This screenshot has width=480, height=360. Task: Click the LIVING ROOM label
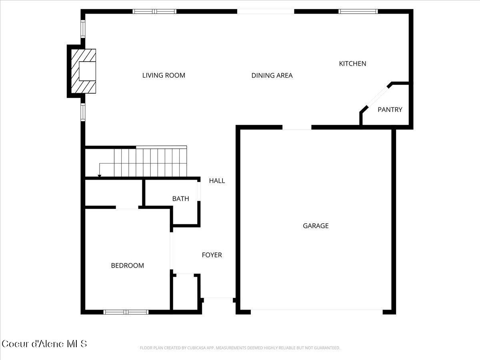coord(164,75)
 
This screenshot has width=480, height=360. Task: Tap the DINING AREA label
coord(272,75)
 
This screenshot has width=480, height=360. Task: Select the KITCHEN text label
coord(352,64)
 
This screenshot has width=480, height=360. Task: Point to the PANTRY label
coord(390,110)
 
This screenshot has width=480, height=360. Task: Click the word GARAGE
coord(316,226)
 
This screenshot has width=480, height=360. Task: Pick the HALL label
coord(217,181)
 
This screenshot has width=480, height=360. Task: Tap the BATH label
coord(180,199)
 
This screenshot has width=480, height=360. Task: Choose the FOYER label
coord(212,255)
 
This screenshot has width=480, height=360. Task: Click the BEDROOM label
coord(127,266)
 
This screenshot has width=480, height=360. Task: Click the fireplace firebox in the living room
coord(87,71)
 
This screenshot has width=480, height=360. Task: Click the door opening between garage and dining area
coord(297,128)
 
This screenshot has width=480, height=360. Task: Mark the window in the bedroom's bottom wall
coord(126,312)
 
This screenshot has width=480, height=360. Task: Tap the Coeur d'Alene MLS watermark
coord(44,344)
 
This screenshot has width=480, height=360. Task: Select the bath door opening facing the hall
coord(199,190)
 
